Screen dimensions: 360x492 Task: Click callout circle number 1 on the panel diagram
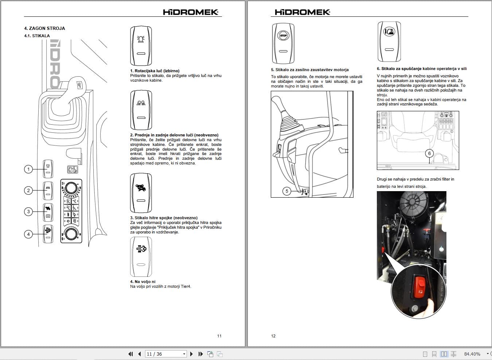[x=28, y=169]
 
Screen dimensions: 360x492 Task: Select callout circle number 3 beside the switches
[x=28, y=212]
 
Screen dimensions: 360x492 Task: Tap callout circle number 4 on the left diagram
[x=28, y=234]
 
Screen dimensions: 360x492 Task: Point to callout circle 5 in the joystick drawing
[x=287, y=191]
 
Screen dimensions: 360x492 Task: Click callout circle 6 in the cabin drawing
[x=429, y=154]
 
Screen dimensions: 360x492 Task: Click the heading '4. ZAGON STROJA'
[x=44, y=28]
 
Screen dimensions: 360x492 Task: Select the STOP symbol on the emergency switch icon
[x=283, y=36]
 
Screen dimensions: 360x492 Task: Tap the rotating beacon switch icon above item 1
[x=141, y=46]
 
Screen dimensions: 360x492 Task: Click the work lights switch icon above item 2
[x=141, y=110]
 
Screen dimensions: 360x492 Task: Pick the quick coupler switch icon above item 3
[x=141, y=193]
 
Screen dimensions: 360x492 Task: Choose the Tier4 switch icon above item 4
[x=141, y=256]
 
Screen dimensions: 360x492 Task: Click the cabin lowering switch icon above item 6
[x=389, y=41]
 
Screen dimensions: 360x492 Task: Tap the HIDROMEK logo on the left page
[x=190, y=12]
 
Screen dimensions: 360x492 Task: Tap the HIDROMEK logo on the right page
[x=302, y=12]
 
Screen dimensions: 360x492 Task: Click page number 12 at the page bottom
[x=273, y=336]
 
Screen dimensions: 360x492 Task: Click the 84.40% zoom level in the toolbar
[x=472, y=354]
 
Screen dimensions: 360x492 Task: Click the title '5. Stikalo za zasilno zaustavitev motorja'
[x=310, y=70]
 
